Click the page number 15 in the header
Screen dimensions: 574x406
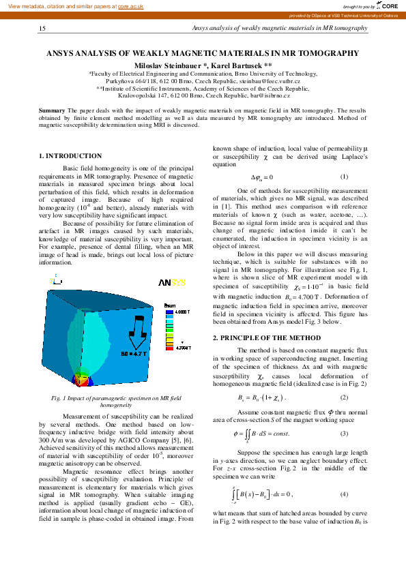[x=42, y=29]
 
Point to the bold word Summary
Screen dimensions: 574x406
[x=52, y=110]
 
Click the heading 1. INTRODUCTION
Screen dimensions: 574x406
[x=70, y=156]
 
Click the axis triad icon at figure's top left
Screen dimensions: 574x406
[x=53, y=280]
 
